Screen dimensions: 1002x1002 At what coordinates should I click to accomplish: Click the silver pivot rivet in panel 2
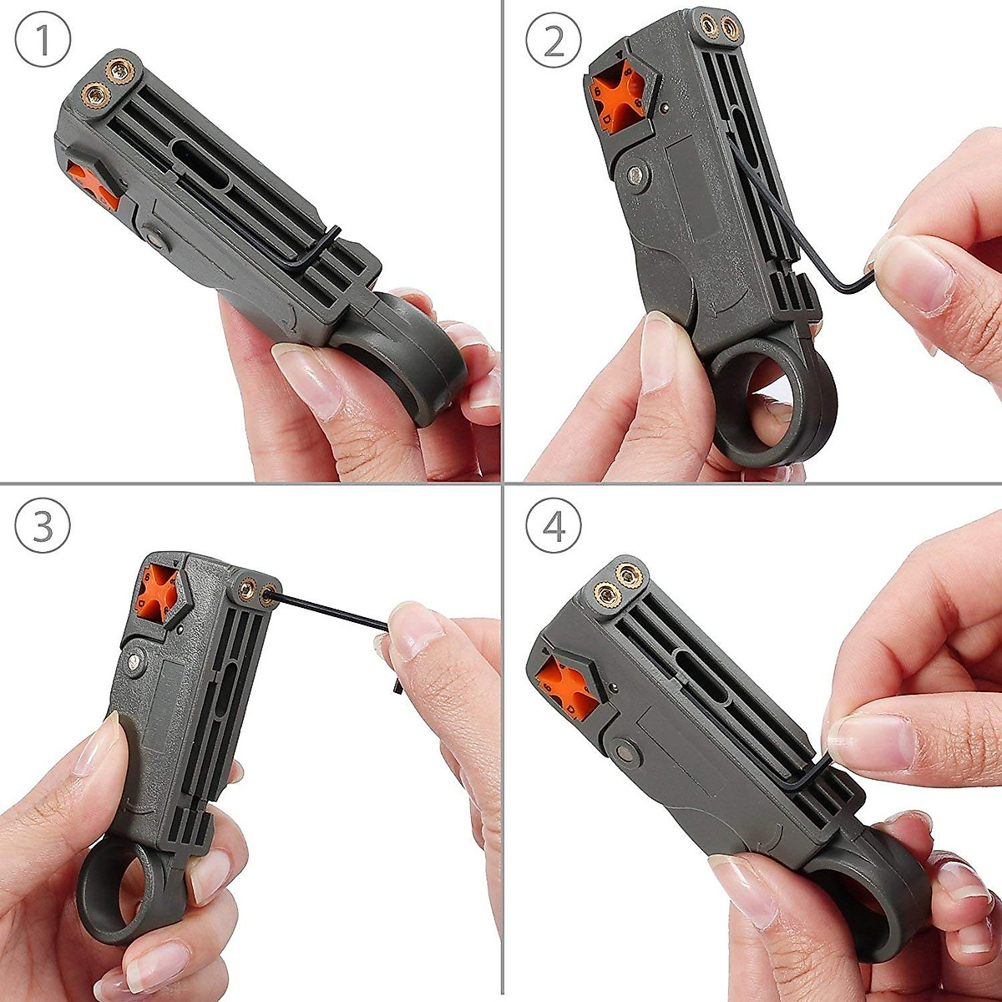coord(639,174)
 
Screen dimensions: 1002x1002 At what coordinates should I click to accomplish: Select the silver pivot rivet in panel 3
coord(134,663)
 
